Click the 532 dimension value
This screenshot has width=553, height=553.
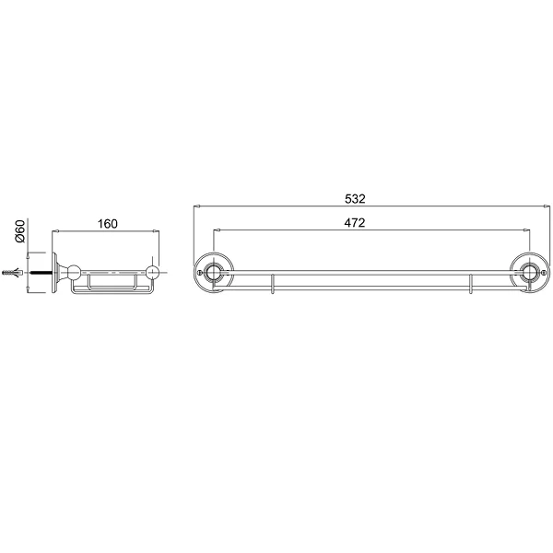(x=355, y=199)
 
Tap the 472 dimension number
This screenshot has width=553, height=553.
(x=355, y=223)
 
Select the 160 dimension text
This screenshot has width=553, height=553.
(x=107, y=224)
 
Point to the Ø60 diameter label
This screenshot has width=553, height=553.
(x=20, y=230)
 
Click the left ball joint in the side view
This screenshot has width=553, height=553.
(x=74, y=272)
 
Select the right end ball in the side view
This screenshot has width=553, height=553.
(x=152, y=272)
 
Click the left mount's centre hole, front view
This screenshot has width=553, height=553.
(x=213, y=272)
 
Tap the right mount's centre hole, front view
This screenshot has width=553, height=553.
(x=529, y=272)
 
